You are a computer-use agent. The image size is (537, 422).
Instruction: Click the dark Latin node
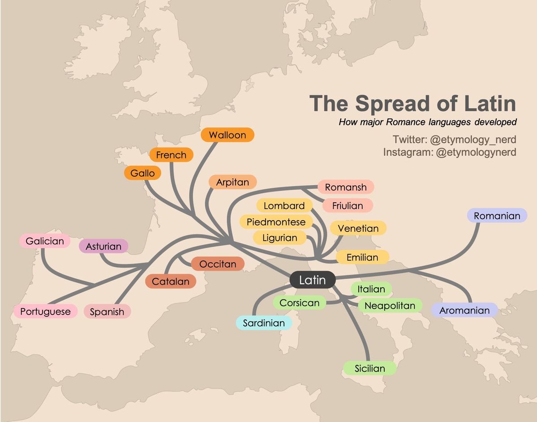pyautogui.click(x=312, y=280)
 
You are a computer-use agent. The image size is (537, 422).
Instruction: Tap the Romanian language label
pyautogui.click(x=497, y=216)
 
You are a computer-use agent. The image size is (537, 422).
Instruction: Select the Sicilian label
pyautogui.click(x=369, y=369)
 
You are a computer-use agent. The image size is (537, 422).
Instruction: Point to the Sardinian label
pyautogui.click(x=264, y=323)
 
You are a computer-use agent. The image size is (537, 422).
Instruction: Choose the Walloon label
pyautogui.click(x=227, y=135)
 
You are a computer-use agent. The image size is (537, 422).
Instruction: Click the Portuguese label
pyautogui.click(x=45, y=311)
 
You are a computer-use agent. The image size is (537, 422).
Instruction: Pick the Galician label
pyautogui.click(x=45, y=241)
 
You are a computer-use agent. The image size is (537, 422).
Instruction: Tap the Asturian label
pyautogui.click(x=103, y=246)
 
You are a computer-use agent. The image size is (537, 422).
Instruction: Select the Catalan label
pyautogui.click(x=170, y=281)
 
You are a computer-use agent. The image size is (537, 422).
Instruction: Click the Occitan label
pyautogui.click(x=217, y=264)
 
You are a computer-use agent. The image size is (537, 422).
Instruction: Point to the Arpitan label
pyautogui.click(x=232, y=182)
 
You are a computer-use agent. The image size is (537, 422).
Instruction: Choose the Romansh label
pyautogui.click(x=345, y=187)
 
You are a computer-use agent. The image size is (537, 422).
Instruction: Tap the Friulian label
pyautogui.click(x=348, y=206)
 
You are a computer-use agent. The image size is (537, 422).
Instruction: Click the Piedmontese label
pyautogui.click(x=276, y=222)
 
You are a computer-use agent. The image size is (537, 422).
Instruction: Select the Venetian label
pyautogui.click(x=358, y=228)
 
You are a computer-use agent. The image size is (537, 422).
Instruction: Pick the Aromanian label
pyautogui.click(x=464, y=310)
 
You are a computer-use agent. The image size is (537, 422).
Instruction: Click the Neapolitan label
pyautogui.click(x=390, y=306)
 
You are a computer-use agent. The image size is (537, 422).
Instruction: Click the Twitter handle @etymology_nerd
pyautogui.click(x=473, y=139)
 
